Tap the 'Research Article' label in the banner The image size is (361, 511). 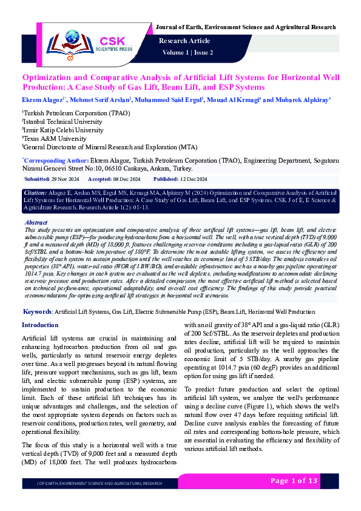point(184,41)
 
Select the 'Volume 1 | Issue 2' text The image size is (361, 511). point(187,53)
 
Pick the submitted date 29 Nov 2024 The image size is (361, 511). point(65,180)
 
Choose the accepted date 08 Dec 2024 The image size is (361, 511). point(127,180)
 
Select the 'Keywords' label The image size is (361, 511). point(36,311)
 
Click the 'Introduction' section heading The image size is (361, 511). point(40,325)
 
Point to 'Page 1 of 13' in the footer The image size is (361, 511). point(294,481)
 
